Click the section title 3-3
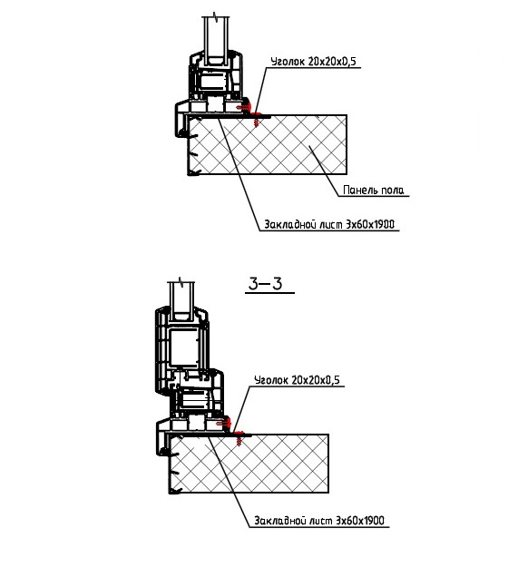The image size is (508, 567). (x=266, y=284)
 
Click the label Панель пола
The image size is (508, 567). (x=373, y=190)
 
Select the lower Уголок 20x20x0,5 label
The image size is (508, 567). (x=298, y=380)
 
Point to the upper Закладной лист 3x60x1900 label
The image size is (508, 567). (x=329, y=225)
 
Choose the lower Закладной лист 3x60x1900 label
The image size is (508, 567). (x=319, y=521)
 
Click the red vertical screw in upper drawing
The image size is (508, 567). (x=257, y=119)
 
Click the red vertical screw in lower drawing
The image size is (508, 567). (x=239, y=438)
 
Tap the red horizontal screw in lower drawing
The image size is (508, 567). (x=223, y=423)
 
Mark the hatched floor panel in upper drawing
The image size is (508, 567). (x=268, y=144)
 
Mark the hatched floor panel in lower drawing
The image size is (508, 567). (x=249, y=464)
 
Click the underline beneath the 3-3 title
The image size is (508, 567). (x=269, y=292)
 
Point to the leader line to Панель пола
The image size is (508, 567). (x=324, y=171)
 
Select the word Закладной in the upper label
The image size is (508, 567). (x=290, y=225)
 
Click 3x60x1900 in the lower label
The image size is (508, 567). (x=360, y=521)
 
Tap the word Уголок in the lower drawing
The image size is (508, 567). (x=271, y=380)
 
